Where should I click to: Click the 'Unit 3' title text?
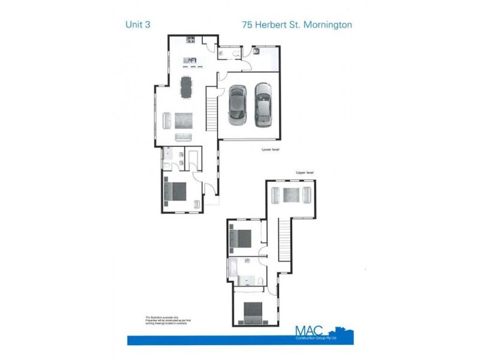point(138,25)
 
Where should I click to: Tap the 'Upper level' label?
point(305,173)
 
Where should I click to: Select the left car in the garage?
point(237,104)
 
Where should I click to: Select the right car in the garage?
point(263,104)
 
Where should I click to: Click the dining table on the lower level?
point(187,87)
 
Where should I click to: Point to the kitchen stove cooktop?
point(191,40)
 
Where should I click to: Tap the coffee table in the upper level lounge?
point(292,195)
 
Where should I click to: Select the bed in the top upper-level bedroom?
point(241,239)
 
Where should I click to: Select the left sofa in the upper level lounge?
point(275,195)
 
